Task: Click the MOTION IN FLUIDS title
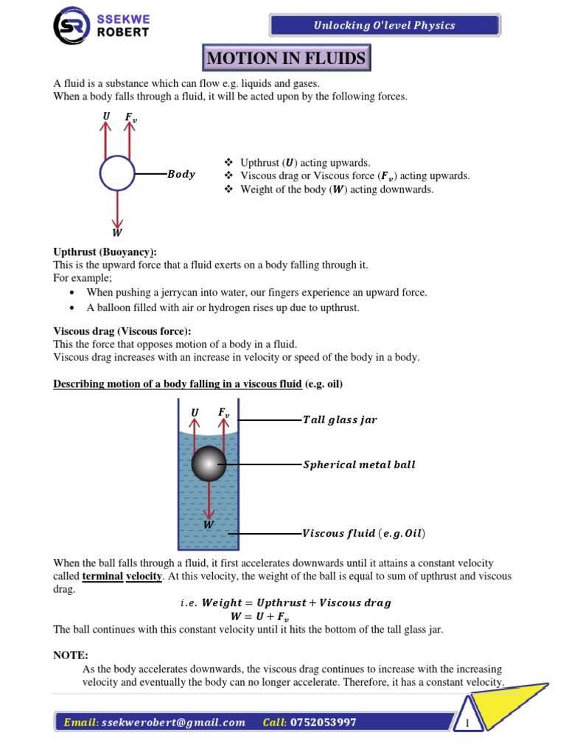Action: (x=285, y=58)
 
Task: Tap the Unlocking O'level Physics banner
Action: (x=384, y=25)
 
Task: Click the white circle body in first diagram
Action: (x=117, y=173)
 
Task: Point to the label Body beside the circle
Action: (x=181, y=175)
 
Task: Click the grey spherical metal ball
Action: (x=209, y=464)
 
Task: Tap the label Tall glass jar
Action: (x=340, y=420)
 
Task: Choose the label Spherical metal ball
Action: (x=359, y=465)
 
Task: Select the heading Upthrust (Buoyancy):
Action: (x=105, y=252)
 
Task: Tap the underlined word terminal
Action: (x=102, y=576)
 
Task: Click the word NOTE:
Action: (x=71, y=655)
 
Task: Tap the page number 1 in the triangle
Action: (x=467, y=723)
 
